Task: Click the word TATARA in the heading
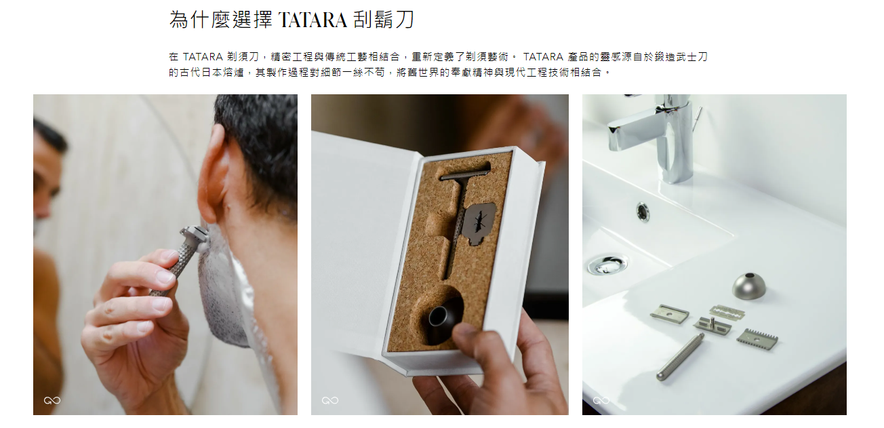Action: point(313,20)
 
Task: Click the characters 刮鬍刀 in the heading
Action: point(384,20)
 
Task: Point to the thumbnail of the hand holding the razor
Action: point(167,276)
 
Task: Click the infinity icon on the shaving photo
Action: point(52,401)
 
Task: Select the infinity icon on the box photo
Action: point(330,401)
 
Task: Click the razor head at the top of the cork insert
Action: point(466,172)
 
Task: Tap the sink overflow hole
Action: point(643,212)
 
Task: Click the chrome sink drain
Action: point(607,265)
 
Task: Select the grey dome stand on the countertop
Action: point(749,286)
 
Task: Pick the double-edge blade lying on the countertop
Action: point(727,312)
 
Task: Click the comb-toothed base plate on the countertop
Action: point(757,339)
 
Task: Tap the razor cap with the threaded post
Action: point(712,325)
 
